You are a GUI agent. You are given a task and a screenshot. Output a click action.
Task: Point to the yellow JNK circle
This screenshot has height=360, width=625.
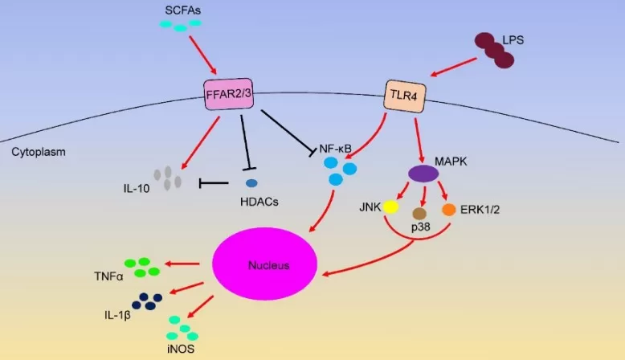tap(390, 207)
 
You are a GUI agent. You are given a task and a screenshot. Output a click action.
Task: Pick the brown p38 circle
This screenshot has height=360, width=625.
tap(419, 214)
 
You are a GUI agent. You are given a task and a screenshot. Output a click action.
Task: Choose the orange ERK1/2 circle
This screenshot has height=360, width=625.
tap(448, 207)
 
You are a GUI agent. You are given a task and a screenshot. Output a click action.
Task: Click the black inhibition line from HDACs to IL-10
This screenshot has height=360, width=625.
tap(213, 184)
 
